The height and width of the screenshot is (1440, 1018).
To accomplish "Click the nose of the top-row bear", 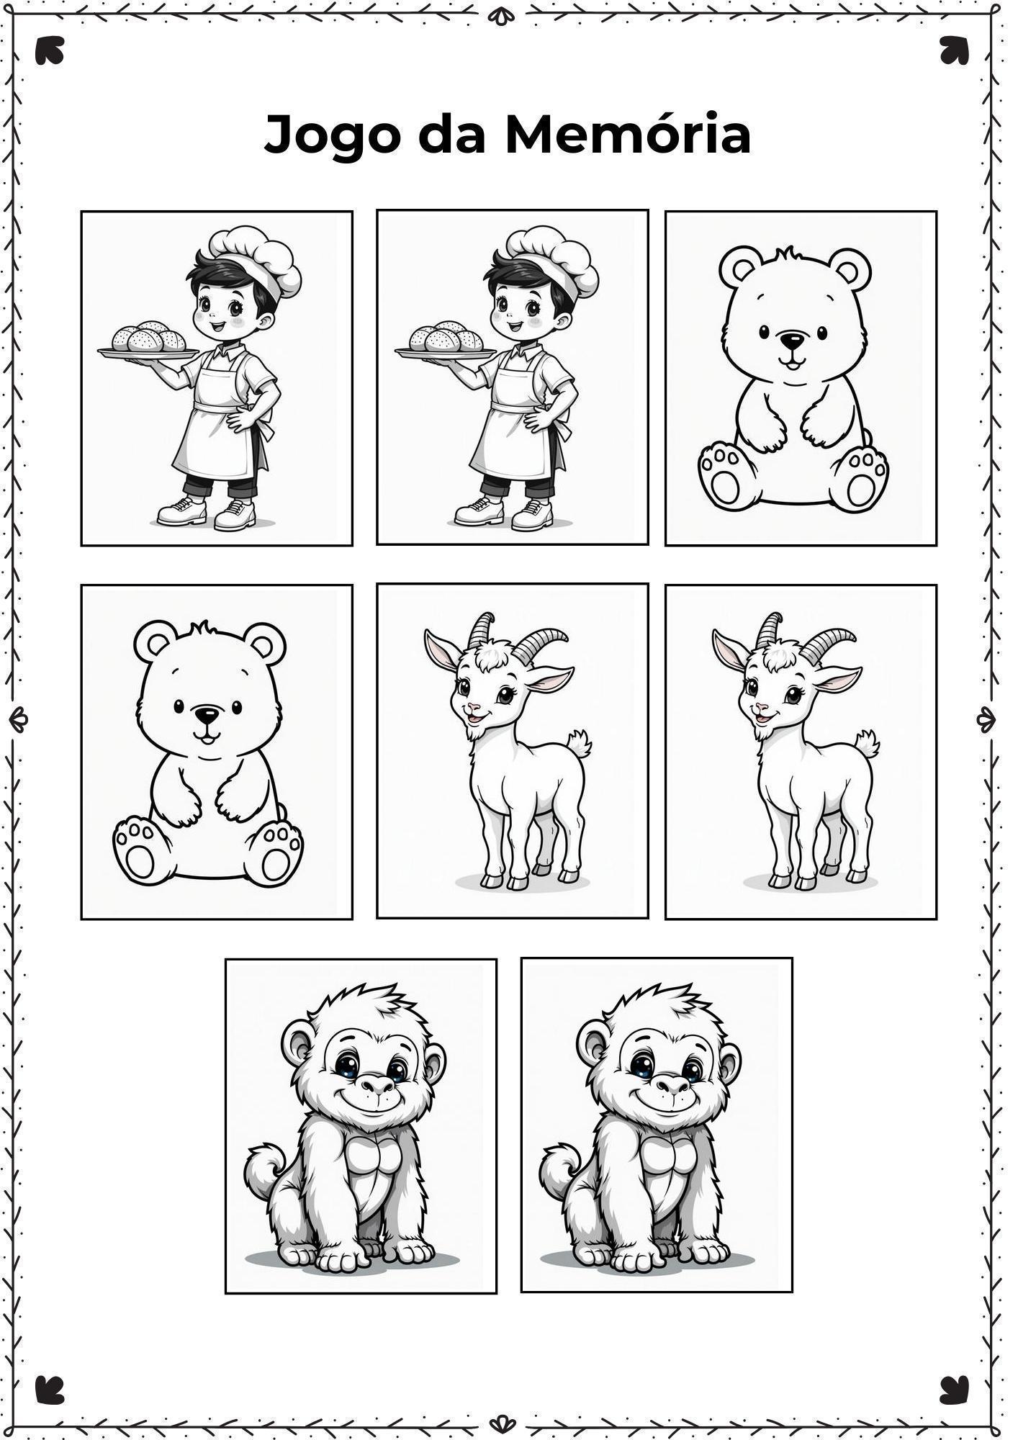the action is click(x=793, y=340).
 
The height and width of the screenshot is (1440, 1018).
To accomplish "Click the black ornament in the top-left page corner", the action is click(x=50, y=50).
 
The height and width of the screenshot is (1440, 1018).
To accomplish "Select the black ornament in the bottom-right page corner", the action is click(x=954, y=1390).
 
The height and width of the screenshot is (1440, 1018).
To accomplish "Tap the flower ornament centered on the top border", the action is click(x=502, y=14).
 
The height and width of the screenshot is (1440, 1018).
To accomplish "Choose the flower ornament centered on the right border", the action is click(x=986, y=719).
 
